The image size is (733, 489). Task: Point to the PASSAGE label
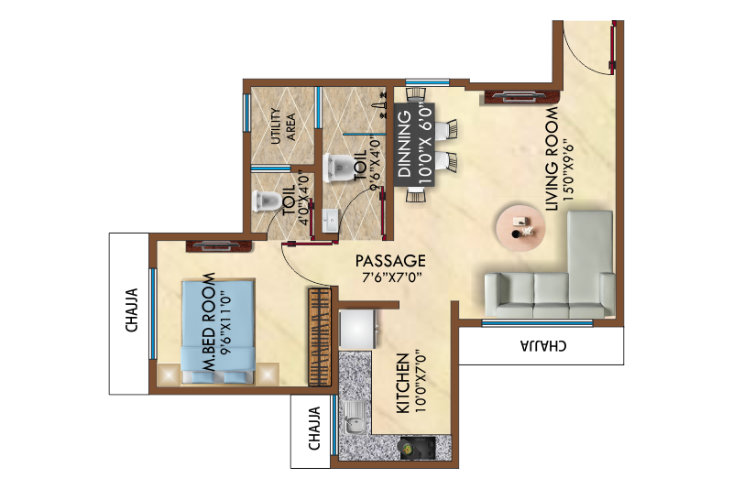click(x=391, y=260)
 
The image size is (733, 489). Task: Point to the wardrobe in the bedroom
click(x=318, y=336)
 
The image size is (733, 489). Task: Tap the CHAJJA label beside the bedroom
click(x=132, y=310)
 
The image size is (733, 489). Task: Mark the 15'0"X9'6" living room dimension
click(x=568, y=161)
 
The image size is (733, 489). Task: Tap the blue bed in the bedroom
click(x=215, y=330)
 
